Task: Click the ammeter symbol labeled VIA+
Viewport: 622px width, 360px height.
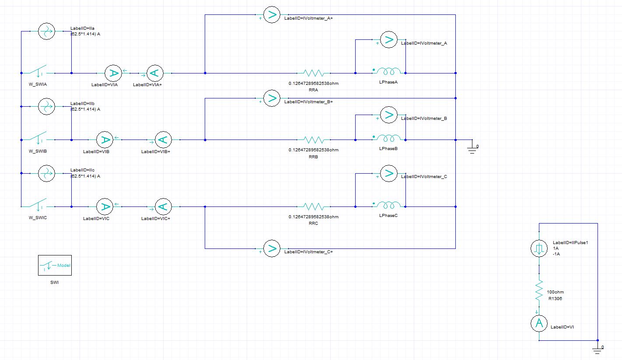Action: tap(154, 73)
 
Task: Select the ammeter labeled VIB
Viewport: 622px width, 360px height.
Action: tap(105, 140)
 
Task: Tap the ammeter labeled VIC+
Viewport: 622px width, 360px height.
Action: tap(162, 206)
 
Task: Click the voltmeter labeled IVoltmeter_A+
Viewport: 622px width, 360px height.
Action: tap(271, 15)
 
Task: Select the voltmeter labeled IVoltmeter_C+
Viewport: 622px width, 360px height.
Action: tap(271, 249)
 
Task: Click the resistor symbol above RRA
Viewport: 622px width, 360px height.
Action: tap(313, 73)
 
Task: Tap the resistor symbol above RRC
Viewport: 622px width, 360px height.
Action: tap(313, 206)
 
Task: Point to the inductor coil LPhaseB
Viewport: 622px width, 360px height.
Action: tap(389, 139)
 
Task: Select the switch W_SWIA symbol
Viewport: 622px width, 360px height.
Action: tap(38, 72)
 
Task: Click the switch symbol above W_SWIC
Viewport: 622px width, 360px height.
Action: tap(38, 205)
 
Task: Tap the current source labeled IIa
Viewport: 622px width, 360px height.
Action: tap(45, 31)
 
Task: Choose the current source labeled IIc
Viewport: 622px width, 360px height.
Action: tap(45, 173)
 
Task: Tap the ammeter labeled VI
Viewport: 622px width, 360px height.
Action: tap(539, 324)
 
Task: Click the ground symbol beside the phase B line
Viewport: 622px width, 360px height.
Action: tap(472, 148)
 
